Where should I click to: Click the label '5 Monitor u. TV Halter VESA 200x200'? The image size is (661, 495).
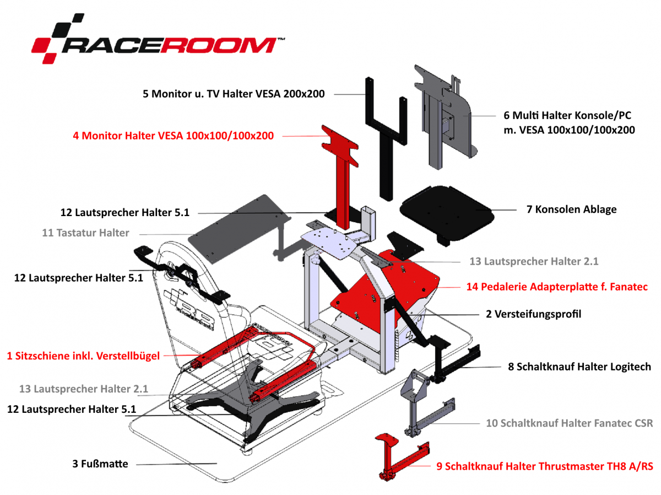[234, 94]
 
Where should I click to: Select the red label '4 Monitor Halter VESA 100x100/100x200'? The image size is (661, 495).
[173, 135]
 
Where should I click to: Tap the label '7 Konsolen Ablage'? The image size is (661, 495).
[571, 209]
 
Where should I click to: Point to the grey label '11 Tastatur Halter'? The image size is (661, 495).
[85, 233]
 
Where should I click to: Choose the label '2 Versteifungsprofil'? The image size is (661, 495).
[533, 314]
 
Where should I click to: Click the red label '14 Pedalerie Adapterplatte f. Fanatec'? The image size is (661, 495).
[556, 287]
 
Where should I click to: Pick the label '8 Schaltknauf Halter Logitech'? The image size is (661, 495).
[579, 367]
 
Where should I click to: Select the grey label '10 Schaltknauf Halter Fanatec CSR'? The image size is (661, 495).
[569, 423]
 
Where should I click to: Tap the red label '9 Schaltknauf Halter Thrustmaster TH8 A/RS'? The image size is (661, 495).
[545, 466]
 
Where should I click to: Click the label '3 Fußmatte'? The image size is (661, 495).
[100, 464]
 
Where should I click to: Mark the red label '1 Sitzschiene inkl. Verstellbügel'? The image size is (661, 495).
[83, 356]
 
